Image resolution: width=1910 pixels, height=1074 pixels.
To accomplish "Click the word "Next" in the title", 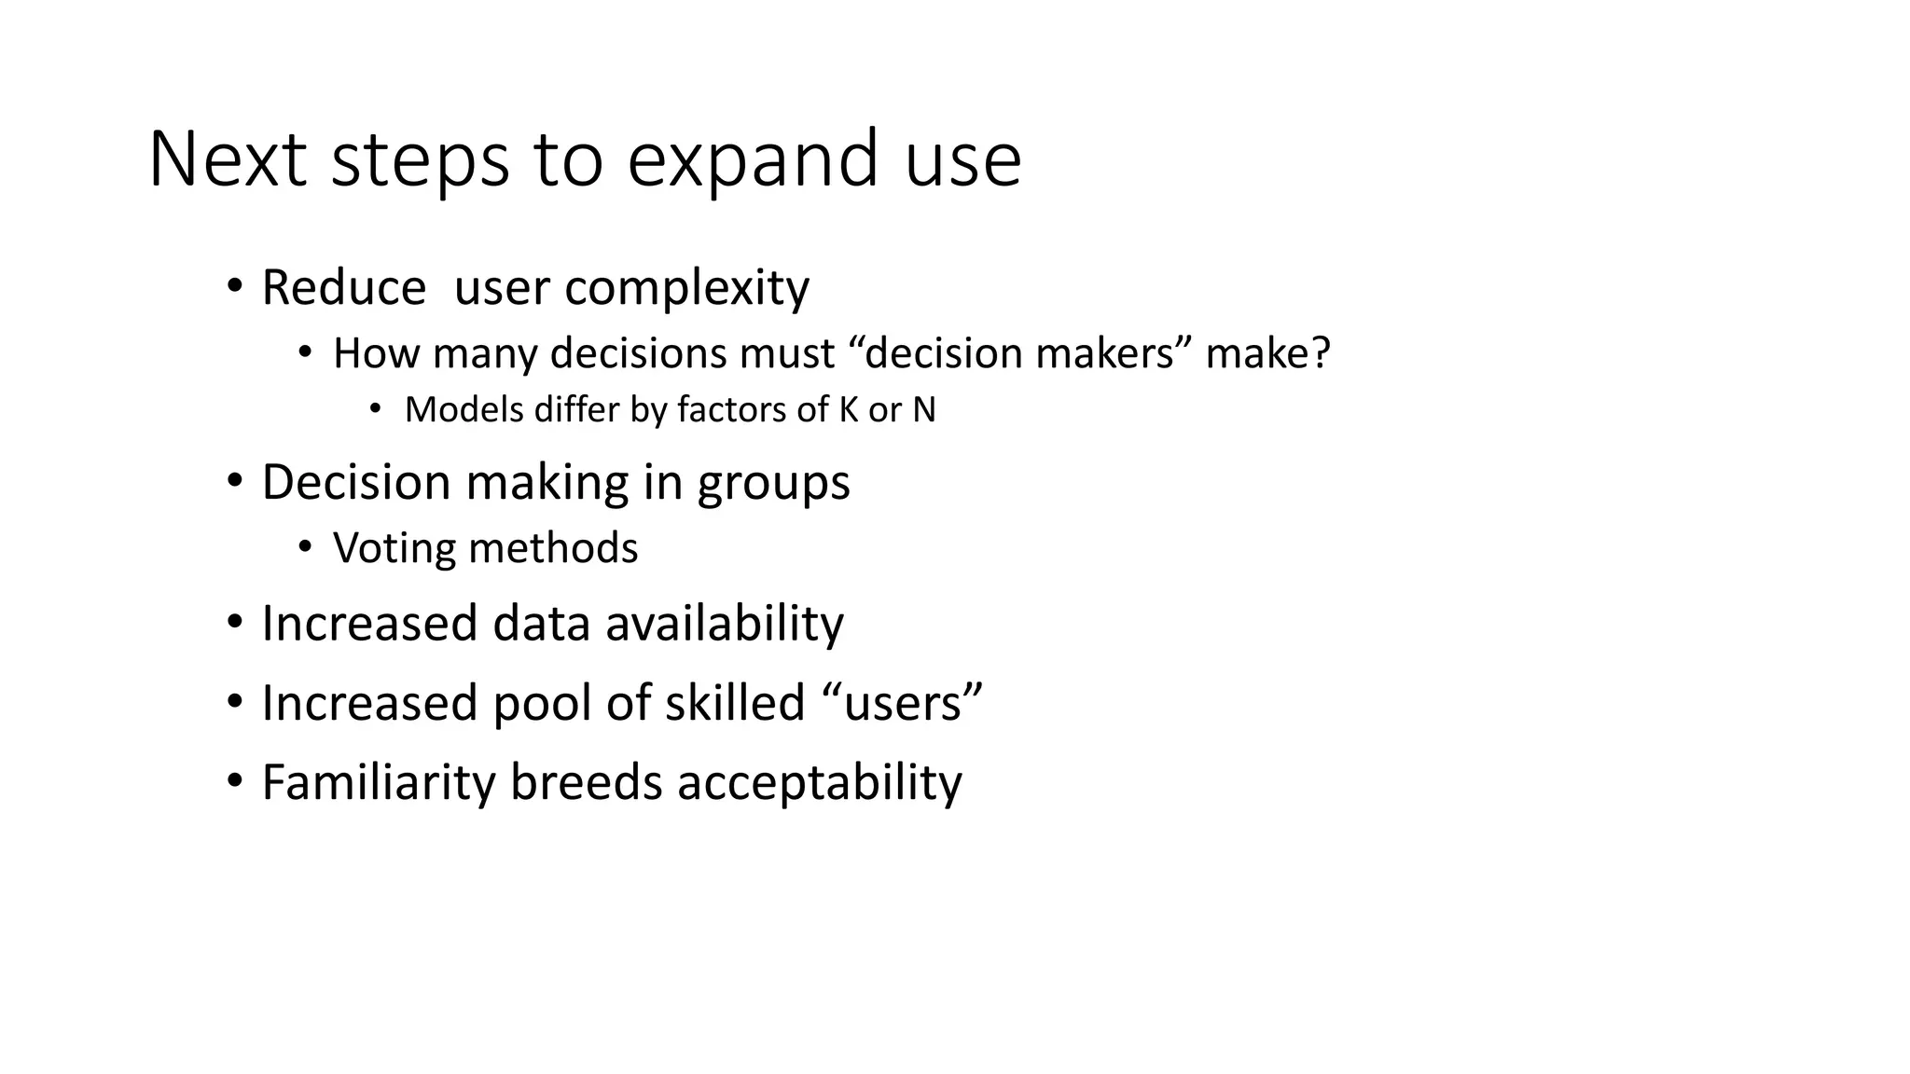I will click(x=228, y=159).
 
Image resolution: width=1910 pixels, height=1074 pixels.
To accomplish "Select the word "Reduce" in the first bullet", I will click(x=343, y=287).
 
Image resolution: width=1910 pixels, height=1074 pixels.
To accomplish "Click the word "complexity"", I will click(x=686, y=287).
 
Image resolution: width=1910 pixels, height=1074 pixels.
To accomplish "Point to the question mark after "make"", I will click(x=1321, y=353).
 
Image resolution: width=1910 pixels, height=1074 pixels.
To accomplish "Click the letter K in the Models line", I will click(x=848, y=410).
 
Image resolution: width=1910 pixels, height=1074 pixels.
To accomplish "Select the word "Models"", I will click(x=464, y=410).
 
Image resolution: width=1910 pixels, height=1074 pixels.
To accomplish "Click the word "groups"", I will click(x=773, y=483).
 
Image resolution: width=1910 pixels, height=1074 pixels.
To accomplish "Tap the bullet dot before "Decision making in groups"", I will click(x=234, y=482).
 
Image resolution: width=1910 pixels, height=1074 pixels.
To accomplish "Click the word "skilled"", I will click(x=734, y=702).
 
